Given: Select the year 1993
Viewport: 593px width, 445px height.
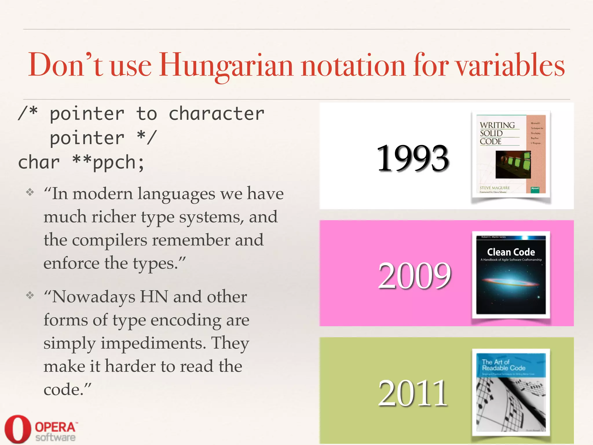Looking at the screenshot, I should click(x=412, y=158).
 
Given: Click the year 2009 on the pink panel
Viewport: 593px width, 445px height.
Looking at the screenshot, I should click(x=414, y=275).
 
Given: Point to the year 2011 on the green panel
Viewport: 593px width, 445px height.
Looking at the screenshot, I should click(x=413, y=393).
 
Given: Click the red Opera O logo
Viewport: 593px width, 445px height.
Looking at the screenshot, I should click(x=17, y=429).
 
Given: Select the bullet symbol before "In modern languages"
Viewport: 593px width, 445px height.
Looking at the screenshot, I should click(x=30, y=192).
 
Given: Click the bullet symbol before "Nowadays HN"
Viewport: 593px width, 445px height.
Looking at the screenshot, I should click(x=30, y=295).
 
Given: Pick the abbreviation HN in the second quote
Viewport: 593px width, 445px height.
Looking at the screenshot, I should click(x=154, y=297).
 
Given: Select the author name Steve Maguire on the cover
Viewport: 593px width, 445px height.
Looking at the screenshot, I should click(x=495, y=188).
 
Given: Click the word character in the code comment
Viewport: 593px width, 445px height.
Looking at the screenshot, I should click(x=216, y=114).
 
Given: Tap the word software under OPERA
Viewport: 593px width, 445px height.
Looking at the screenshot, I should click(x=55, y=437).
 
